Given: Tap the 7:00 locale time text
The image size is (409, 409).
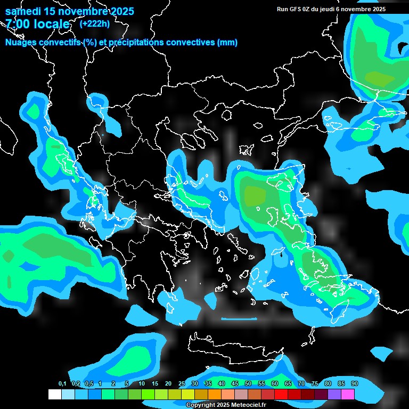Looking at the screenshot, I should [37, 24].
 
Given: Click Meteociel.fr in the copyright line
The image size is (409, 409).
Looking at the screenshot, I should [247, 405].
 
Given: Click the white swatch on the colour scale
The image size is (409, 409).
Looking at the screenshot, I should [54, 395].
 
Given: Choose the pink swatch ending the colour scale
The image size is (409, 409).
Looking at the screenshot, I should [348, 395].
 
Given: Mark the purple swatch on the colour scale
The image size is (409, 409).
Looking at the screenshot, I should [334, 395].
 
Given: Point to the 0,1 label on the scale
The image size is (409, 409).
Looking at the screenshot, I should [62, 384].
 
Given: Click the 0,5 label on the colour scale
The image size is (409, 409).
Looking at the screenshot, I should [89, 384].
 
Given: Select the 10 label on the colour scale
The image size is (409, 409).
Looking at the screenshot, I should [142, 384].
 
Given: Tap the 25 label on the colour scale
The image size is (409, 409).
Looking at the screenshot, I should [182, 384].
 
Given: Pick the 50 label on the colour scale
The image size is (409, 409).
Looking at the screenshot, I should [248, 384].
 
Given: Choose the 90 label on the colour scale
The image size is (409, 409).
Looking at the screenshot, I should [355, 384].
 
